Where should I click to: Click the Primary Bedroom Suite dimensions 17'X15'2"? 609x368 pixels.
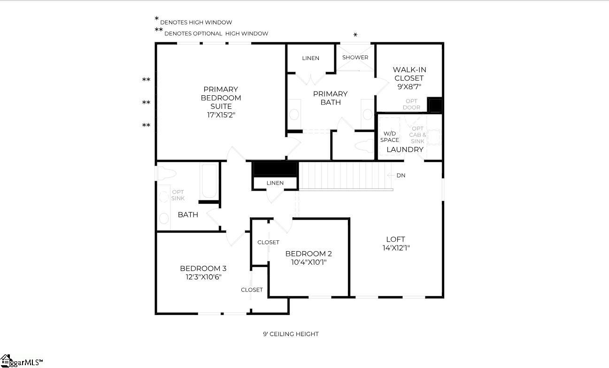click(x=221, y=115)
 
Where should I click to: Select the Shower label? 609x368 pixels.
click(x=355, y=57)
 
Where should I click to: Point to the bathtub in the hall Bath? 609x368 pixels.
click(x=209, y=181)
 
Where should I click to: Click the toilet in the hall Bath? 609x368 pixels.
click(x=166, y=174)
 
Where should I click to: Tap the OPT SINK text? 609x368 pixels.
click(x=178, y=195)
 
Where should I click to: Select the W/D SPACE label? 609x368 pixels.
click(x=389, y=137)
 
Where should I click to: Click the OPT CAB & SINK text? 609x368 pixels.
click(x=417, y=135)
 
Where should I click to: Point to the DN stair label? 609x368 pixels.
click(x=401, y=176)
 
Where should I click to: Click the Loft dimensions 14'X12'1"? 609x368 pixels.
click(x=395, y=248)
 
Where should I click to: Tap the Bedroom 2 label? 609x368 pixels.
click(x=308, y=253)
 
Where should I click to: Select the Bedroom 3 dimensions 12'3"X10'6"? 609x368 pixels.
click(x=203, y=277)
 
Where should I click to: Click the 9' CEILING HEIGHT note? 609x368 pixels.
click(x=291, y=334)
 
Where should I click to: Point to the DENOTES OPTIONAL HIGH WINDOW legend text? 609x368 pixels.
click(x=216, y=34)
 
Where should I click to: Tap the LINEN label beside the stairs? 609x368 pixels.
click(x=275, y=183)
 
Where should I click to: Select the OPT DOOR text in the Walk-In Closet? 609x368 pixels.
click(x=411, y=104)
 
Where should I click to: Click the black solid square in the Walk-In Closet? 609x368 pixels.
click(x=435, y=105)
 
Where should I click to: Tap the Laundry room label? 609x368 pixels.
click(x=405, y=149)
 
